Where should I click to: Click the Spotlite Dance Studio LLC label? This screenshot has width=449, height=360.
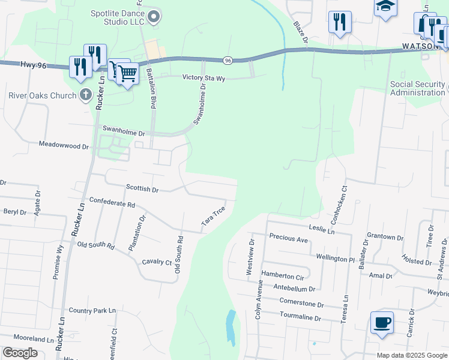click(118, 17)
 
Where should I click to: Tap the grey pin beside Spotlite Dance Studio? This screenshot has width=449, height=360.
click(154, 17)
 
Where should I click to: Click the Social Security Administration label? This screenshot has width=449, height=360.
click(418, 88)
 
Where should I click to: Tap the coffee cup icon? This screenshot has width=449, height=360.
click(382, 323)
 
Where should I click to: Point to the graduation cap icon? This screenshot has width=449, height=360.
click(386, 7)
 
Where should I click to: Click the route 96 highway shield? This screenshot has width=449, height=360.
click(228, 60)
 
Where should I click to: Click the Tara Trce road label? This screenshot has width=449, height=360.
click(213, 217)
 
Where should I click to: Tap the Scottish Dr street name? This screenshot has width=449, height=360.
click(142, 188)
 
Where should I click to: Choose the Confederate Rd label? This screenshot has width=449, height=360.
click(112, 203)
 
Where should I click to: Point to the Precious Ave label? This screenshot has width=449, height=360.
click(288, 238)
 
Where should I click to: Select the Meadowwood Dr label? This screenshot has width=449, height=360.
click(64, 145)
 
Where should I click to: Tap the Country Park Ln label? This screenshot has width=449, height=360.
click(92, 310)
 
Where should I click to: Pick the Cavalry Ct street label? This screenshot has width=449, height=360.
click(157, 262)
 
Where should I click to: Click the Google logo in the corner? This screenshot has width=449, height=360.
click(20, 353)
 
